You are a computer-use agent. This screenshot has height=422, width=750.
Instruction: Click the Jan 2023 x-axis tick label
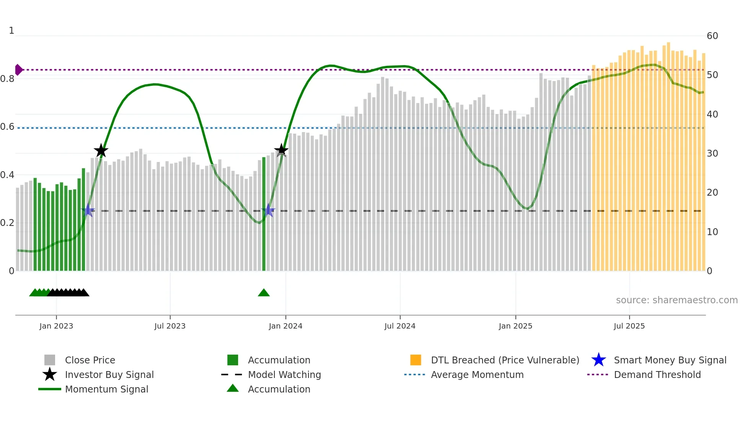tap(56, 326)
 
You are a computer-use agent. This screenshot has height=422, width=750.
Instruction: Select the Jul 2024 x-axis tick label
tap(400, 326)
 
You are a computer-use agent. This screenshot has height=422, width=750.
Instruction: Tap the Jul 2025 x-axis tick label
tap(629, 326)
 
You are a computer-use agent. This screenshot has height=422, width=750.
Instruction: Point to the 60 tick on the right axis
tap(712, 36)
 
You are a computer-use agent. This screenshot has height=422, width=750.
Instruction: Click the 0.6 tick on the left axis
tap(7, 127)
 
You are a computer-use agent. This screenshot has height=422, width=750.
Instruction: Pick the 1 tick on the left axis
tap(11, 31)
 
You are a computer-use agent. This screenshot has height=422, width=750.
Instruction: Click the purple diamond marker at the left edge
tap(18, 70)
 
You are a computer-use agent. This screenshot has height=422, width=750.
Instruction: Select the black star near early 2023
tap(101, 151)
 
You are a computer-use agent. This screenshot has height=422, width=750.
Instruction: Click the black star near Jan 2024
tap(281, 150)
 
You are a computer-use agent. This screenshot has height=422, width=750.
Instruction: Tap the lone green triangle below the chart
tap(264, 293)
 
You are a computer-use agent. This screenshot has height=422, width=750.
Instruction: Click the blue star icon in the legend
tap(598, 360)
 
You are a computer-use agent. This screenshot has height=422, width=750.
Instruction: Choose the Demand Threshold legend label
tap(657, 375)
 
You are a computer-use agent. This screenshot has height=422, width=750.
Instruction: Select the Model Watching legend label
tap(284, 375)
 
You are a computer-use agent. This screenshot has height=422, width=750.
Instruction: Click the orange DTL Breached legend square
tap(416, 360)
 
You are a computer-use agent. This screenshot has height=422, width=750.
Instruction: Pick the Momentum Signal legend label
tap(106, 389)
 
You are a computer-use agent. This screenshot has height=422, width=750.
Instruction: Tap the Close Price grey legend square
tap(50, 360)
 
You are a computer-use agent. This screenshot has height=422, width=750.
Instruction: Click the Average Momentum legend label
tap(477, 375)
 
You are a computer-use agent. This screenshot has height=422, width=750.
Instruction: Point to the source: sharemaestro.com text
tap(677, 300)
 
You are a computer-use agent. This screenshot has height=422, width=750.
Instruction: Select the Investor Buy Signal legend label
tap(109, 375)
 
